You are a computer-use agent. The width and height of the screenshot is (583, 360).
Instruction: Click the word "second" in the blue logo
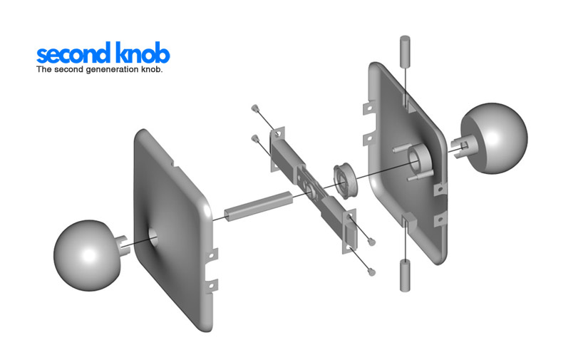[x=73, y=55]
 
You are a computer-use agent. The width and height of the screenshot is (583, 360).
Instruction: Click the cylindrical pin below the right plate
[x=404, y=276]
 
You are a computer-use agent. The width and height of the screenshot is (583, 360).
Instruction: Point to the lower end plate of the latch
[x=350, y=231]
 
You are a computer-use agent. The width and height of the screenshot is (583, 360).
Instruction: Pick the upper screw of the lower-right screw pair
[x=371, y=241]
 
